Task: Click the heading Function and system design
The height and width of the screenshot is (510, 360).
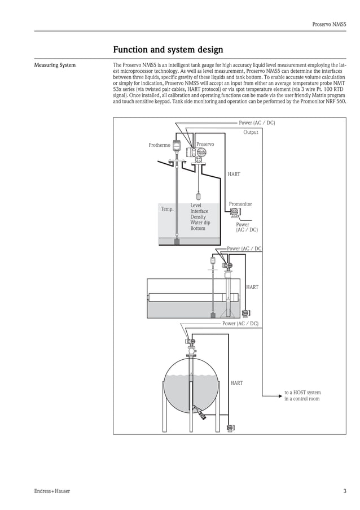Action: [x=168, y=50]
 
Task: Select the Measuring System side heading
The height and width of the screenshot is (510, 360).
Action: [x=55, y=66]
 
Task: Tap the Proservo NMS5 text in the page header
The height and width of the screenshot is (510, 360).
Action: [x=330, y=24]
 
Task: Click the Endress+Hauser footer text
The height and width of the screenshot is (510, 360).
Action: [x=52, y=491]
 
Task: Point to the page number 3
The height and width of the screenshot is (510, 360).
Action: [x=344, y=491]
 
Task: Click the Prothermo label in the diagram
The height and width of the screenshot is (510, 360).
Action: [x=159, y=145]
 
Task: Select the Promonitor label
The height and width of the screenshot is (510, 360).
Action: [x=240, y=204]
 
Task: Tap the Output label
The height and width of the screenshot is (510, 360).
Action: [x=251, y=132]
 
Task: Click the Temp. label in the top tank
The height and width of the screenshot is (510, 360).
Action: [x=168, y=209]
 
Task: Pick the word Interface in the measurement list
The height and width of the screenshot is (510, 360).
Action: [x=199, y=211]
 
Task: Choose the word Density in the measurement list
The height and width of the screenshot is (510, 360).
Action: [x=197, y=217]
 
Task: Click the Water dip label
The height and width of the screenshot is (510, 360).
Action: [x=200, y=223]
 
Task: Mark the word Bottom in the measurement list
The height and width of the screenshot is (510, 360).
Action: [x=197, y=228]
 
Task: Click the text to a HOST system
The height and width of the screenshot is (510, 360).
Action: [x=302, y=392]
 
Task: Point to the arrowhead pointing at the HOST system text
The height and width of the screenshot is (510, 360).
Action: [x=278, y=396]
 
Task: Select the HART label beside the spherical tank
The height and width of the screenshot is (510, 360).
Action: [x=236, y=383]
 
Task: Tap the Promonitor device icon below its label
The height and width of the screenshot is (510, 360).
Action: [x=234, y=213]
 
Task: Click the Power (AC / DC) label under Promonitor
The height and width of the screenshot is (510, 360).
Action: [x=247, y=227]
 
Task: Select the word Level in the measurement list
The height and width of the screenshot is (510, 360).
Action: [x=195, y=206]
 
